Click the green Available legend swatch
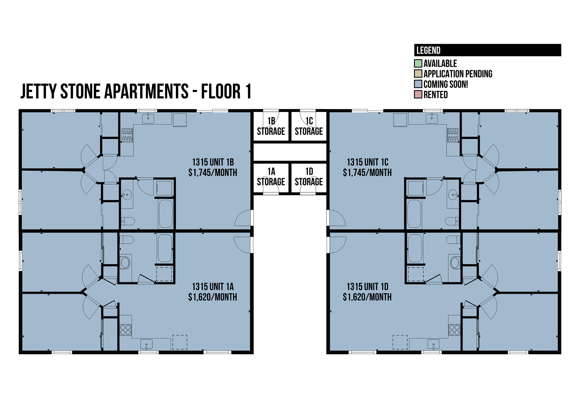point(418,63)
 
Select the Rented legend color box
point(418,94)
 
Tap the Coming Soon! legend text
point(446,84)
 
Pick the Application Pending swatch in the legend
point(418,74)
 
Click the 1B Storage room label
point(271,126)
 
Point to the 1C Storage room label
point(309,126)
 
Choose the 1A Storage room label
point(271,177)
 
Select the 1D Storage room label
point(309,177)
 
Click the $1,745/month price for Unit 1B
point(213,173)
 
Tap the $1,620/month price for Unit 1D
point(367,297)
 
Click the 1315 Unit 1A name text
point(213,287)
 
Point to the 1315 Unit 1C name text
point(367,162)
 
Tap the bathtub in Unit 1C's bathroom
point(414,214)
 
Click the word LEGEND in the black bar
point(429,50)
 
